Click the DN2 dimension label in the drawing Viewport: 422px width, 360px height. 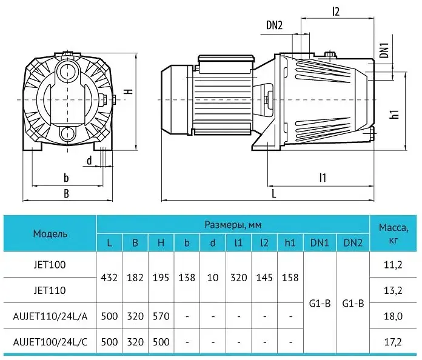[x=274, y=25]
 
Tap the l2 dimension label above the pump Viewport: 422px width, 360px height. [x=336, y=12]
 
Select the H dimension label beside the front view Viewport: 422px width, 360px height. [x=129, y=91]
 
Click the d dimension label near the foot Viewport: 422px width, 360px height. [x=89, y=161]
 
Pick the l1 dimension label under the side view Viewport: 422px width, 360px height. [x=323, y=178]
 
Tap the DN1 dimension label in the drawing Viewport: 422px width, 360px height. [x=384, y=50]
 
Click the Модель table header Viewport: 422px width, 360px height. [x=50, y=233]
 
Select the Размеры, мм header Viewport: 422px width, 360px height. [x=233, y=225]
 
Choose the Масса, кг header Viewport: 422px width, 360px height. [x=394, y=233]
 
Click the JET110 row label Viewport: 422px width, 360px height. [x=50, y=290]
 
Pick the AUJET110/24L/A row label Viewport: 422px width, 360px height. [x=50, y=316]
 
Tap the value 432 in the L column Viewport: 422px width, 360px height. [x=109, y=278]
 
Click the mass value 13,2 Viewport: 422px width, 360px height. [x=393, y=290]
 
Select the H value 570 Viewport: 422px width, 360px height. [x=161, y=316]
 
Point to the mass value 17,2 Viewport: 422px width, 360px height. [x=393, y=342]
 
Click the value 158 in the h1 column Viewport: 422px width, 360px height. [x=290, y=278]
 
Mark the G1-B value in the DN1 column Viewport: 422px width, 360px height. [x=320, y=304]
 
